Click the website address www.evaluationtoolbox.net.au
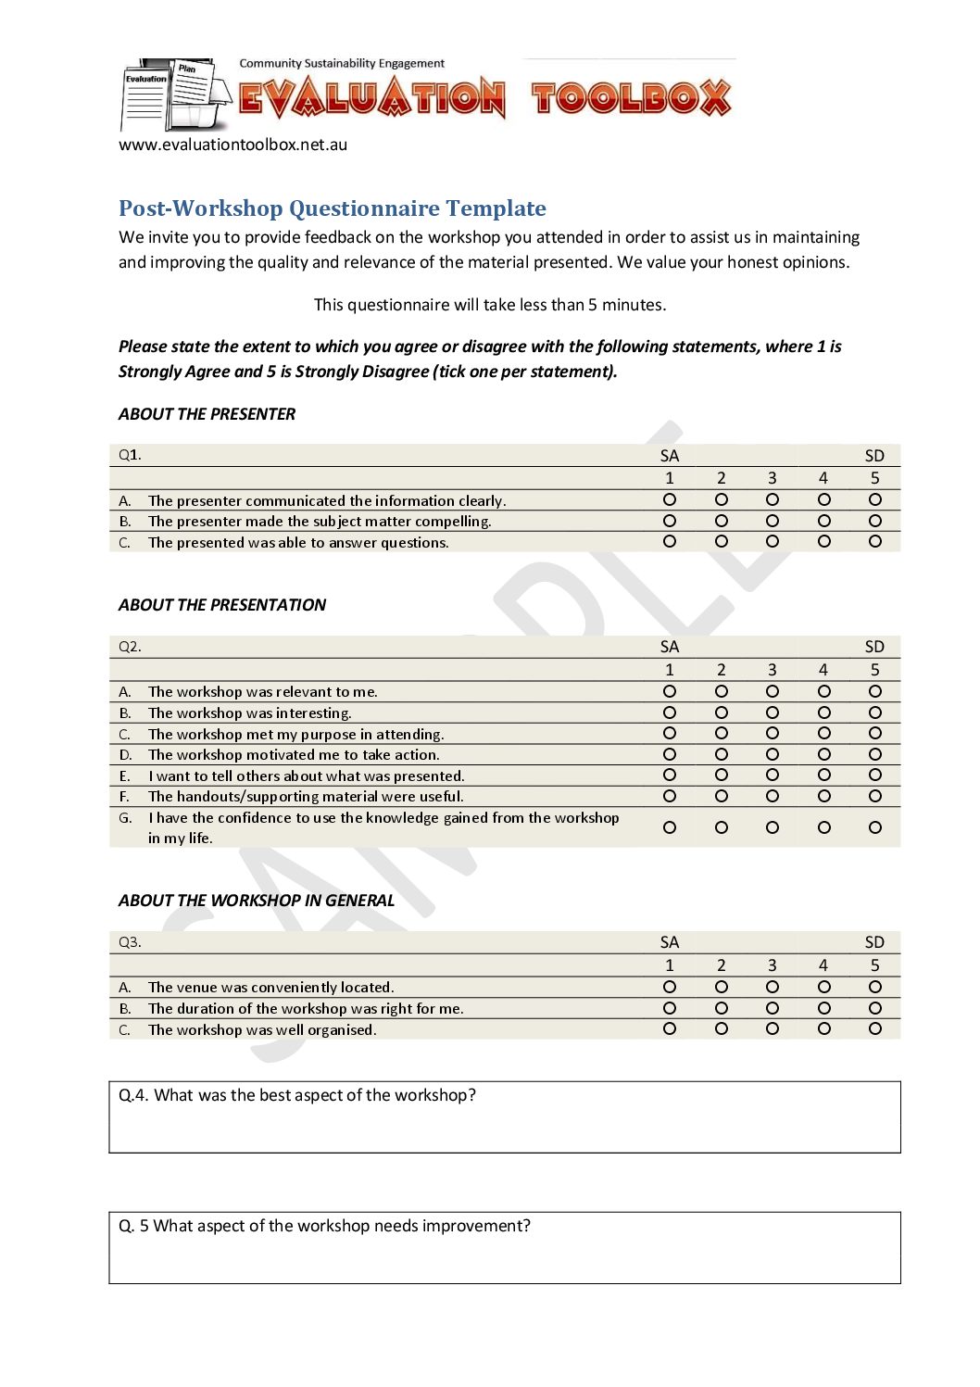232,145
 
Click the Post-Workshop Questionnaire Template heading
332,208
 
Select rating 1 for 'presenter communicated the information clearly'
670,499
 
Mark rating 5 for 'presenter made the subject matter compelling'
874,521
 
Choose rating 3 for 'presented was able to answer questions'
773,541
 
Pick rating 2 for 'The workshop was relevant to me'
722,691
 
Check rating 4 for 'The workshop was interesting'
823,712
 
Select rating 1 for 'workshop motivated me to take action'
670,754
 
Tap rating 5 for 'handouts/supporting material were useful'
874,796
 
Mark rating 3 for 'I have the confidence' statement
773,827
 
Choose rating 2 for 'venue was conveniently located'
722,987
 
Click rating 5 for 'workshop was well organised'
874,1028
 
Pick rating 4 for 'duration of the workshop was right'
823,1008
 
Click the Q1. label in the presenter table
130,455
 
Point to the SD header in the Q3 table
874,942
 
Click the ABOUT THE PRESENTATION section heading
222,605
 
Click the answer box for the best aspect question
504,1127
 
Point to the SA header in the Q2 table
670,647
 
